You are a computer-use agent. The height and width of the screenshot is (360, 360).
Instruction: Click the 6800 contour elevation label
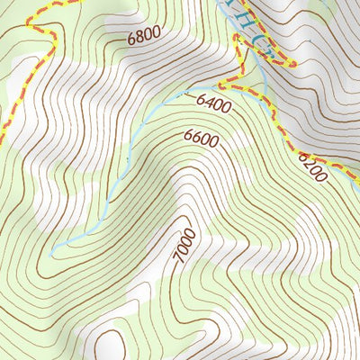pos(144,38)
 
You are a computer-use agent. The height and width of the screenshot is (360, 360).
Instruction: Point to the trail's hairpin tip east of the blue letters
pos(292,64)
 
